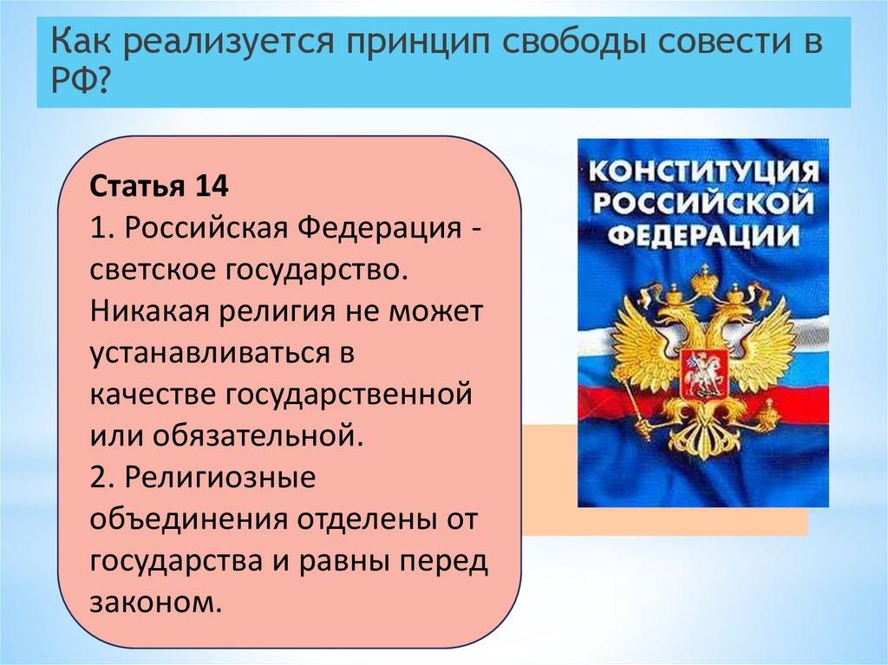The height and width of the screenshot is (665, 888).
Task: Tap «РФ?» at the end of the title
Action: [80, 82]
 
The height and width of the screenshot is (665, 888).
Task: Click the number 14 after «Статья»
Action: [212, 186]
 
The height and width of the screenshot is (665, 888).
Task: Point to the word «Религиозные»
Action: [219, 479]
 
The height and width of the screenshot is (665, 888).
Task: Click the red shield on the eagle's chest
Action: [702, 373]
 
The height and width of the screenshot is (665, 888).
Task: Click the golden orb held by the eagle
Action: [771, 411]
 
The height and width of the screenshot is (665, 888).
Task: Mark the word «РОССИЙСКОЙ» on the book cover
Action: [703, 203]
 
